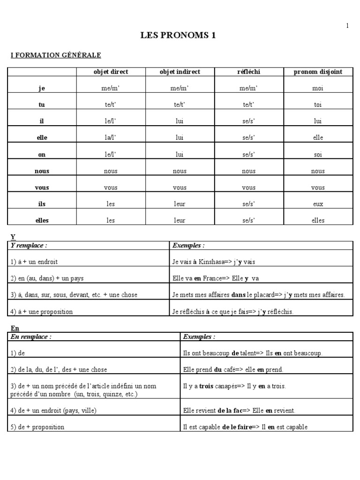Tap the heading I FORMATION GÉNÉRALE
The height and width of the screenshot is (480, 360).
tap(56, 55)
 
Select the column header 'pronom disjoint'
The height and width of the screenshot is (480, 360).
tap(318, 72)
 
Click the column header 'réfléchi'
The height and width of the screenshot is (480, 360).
tap(248, 72)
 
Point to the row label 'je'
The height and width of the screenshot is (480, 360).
tap(41, 88)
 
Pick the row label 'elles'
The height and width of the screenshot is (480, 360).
tap(41, 220)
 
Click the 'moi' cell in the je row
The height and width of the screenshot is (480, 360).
tap(318, 88)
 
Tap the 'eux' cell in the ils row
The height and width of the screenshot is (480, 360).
tap(318, 204)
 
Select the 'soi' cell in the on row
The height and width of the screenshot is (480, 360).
tap(318, 154)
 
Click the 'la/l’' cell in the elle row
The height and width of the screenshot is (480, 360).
tap(111, 138)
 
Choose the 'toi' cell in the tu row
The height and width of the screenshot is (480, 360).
tap(318, 105)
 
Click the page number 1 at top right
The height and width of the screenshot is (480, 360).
tap(347, 26)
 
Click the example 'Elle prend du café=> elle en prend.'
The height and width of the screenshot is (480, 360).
tap(233, 370)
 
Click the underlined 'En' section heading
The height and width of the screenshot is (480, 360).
tap(15, 329)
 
